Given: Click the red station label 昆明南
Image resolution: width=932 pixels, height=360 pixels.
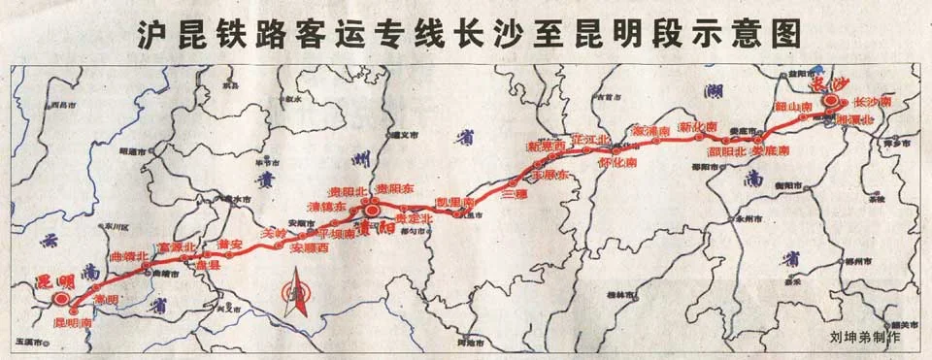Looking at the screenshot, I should tap(72, 320).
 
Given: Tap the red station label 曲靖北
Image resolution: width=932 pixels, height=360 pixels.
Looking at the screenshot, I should tap(130, 256).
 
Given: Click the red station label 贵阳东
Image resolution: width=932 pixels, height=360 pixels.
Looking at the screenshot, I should tap(395, 187).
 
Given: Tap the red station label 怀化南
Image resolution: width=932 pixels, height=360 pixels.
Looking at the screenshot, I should tap(617, 162).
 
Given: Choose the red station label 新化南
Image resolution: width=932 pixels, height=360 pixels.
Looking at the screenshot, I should tap(697, 127).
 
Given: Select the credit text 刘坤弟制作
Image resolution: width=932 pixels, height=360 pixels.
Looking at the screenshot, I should tap(865, 338).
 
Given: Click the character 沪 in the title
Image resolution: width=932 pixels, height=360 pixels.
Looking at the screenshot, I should tap(149, 37).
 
